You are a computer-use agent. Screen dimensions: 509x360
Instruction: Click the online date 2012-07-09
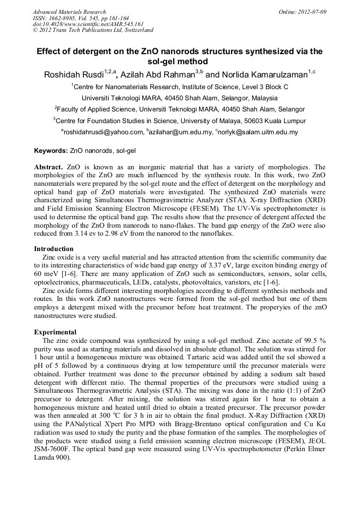point(313,12)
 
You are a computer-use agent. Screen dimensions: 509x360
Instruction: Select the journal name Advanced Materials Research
point(70,12)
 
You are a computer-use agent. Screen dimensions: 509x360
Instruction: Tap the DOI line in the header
point(88,24)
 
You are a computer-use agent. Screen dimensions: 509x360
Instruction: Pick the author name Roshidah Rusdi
point(73,75)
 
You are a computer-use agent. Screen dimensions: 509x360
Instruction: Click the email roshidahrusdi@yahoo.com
point(104,132)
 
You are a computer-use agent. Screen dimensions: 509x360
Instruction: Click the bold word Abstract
point(49,167)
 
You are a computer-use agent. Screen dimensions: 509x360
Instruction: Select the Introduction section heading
point(54,248)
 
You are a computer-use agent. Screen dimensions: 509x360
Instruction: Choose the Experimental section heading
point(56,332)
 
